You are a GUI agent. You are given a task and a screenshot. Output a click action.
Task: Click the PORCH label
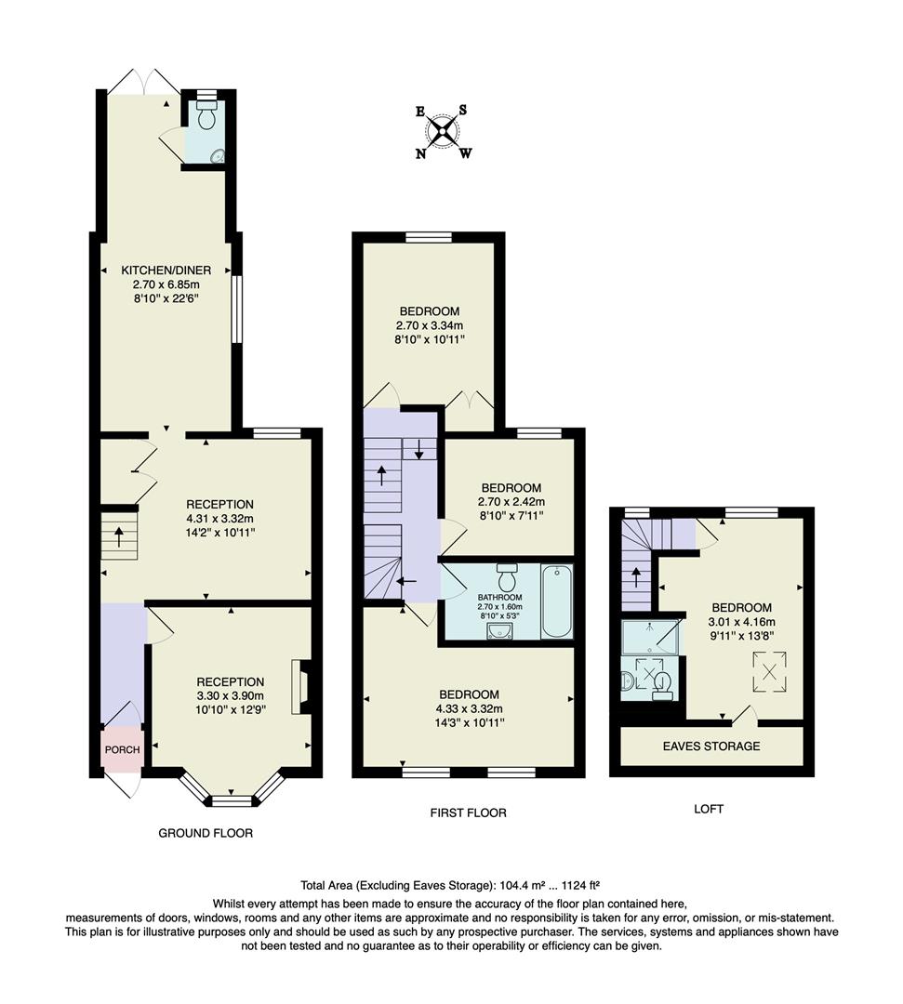122,750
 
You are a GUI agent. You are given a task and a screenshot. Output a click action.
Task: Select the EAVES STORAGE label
710,746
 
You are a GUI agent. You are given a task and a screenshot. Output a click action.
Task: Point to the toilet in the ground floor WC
206,116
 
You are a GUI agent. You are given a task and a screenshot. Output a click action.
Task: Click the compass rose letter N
420,154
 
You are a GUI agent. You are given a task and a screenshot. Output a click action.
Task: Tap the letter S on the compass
463,110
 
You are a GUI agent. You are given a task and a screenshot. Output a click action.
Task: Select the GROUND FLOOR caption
206,833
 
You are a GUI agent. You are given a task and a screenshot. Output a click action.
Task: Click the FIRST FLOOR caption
468,812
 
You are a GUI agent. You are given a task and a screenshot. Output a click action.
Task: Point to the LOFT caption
709,809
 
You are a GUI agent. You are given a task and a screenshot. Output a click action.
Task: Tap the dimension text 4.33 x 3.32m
469,708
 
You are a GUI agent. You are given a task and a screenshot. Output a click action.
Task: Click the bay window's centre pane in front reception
232,799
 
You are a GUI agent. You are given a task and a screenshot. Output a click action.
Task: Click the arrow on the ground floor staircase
119,536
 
